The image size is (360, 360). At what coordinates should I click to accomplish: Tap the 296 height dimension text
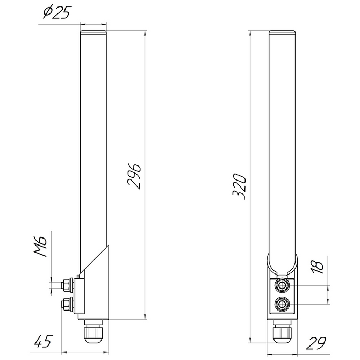pos(134,176)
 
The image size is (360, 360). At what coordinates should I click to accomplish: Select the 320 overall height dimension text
pos(239,186)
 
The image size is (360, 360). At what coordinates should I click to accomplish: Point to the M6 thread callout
pos(40,246)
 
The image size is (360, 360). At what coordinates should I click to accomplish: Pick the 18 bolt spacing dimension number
pos(317,267)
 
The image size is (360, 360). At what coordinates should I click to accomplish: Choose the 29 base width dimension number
pos(316,343)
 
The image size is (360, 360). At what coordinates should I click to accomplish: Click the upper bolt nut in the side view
pos(67,285)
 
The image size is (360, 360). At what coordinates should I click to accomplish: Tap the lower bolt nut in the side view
pos(67,305)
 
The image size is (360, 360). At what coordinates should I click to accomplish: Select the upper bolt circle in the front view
pos(282,286)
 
